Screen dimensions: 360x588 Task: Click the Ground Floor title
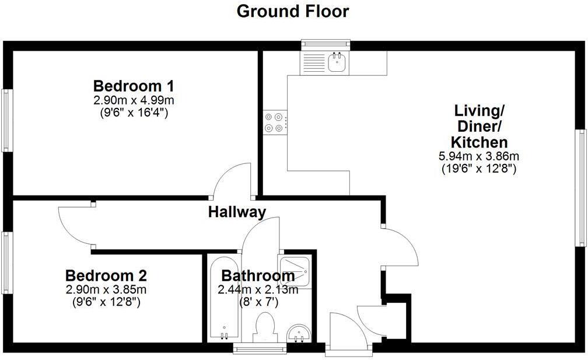[293, 11]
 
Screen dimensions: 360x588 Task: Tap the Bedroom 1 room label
[134, 85]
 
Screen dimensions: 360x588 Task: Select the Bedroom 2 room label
[106, 275]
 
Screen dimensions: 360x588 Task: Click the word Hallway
[237, 212]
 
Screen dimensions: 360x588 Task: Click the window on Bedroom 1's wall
[6, 121]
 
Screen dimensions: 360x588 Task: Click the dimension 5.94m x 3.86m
[478, 156]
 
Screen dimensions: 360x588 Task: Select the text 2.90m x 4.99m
[134, 100]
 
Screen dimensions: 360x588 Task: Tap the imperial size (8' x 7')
[258, 302]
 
